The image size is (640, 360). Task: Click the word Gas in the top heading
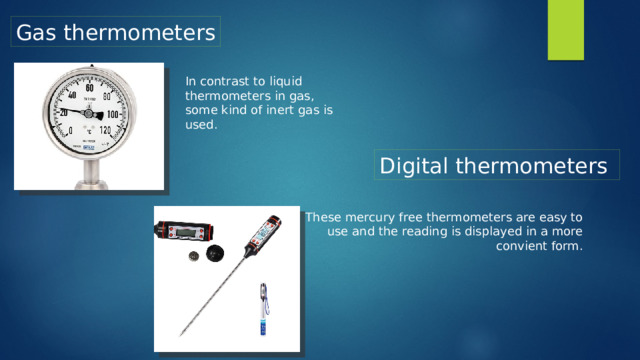(36, 32)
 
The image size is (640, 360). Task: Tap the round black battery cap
(214, 256)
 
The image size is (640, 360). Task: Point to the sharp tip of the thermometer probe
(181, 333)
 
